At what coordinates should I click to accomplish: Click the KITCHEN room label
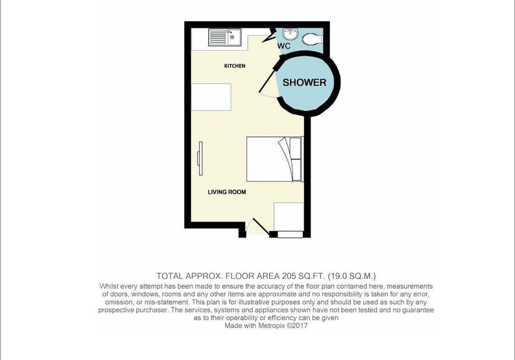234,65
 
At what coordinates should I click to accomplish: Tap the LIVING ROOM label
226,192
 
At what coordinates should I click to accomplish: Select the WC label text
284,46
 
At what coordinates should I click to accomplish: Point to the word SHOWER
305,83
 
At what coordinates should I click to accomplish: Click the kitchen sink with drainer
225,38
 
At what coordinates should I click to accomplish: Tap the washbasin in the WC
290,33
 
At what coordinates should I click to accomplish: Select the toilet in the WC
312,39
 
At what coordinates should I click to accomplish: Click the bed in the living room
275,159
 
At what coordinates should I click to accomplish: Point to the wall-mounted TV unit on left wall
200,158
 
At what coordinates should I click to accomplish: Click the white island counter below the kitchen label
211,97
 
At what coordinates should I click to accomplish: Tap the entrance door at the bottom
259,226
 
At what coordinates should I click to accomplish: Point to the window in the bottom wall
290,234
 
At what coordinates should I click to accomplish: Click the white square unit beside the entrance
289,217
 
